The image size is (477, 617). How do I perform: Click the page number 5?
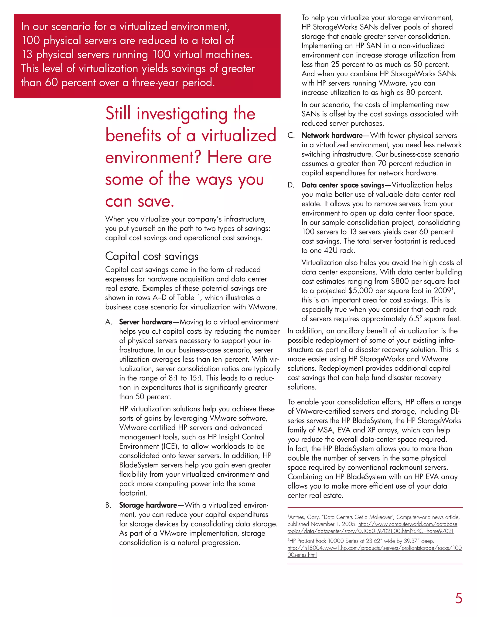458,598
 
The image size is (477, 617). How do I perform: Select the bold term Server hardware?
146,322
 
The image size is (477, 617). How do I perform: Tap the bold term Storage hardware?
148,505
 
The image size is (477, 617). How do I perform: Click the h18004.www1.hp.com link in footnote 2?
375,548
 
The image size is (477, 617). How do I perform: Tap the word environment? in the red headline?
153,157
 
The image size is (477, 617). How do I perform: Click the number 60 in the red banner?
51,82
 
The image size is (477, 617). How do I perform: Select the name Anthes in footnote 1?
297,517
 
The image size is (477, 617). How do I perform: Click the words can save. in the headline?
140,201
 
